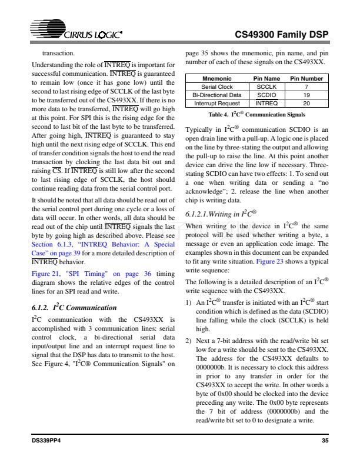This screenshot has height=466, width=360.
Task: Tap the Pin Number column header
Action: pos(306,78)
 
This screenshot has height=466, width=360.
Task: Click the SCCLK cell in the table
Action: pos(266,86)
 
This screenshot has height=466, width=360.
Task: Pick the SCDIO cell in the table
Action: pos(266,94)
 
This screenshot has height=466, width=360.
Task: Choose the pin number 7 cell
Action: pos(306,86)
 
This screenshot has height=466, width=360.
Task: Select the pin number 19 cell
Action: pos(306,94)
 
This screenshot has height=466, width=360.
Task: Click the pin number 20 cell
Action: pos(306,102)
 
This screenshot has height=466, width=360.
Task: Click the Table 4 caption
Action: pos(256,114)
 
